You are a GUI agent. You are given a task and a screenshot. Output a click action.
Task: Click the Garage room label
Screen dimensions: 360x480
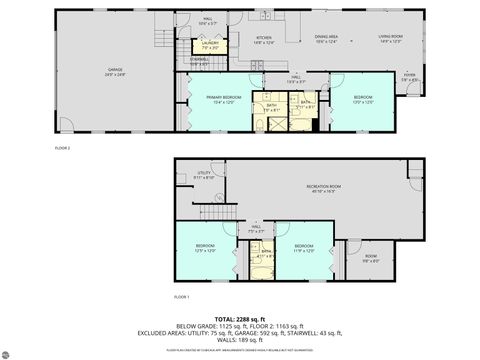(115, 71)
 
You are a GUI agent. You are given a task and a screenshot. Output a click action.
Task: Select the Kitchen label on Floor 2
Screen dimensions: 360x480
(262, 39)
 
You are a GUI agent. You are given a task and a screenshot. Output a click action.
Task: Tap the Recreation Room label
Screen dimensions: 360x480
(320, 187)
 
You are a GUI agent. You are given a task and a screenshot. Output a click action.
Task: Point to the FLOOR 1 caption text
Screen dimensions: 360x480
(182, 298)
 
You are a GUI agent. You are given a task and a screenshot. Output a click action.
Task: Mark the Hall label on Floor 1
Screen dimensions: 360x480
(255, 229)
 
